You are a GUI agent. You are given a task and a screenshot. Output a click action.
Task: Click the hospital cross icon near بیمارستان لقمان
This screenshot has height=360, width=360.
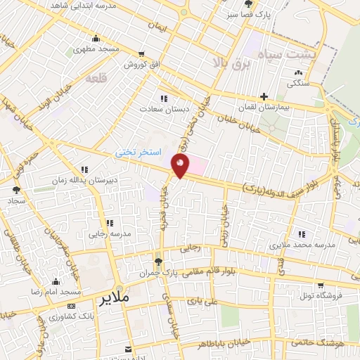pyautogui.click(x=264, y=96)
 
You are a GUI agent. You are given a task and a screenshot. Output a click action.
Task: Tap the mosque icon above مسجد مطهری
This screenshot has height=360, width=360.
pyautogui.click(x=96, y=39)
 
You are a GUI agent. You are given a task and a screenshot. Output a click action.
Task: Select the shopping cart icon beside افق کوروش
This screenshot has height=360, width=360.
pyautogui.click(x=142, y=54)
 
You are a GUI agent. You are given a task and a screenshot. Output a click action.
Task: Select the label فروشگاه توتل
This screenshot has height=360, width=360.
pyautogui.click(x=319, y=295)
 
